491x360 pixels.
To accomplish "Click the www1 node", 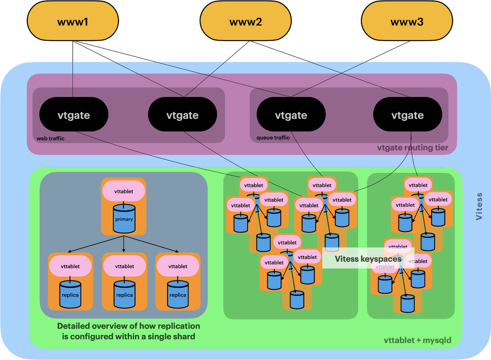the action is pos(73,21).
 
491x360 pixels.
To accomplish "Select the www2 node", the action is pos(245,21).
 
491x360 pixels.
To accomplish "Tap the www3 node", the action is pos(407,21).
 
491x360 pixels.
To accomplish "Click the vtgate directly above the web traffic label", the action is pos(74,114).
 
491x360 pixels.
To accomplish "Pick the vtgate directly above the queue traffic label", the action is pos(291,114).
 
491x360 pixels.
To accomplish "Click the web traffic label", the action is pos(50,138).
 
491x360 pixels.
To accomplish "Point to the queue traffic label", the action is pos(273,138).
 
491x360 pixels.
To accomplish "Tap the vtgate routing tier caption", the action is pos(412,147).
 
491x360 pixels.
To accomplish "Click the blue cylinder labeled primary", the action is pos(124,218).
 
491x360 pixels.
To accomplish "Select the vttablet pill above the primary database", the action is pos(124,191).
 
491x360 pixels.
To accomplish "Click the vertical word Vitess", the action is pos(479,206).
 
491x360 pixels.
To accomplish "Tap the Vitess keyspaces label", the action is pos(368,259).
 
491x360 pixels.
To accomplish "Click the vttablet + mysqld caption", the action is pos(418,340).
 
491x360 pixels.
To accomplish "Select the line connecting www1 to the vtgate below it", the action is pos(73,69).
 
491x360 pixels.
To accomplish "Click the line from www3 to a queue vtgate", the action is pos(350,69).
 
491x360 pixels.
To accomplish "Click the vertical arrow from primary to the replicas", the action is pos(124,244).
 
